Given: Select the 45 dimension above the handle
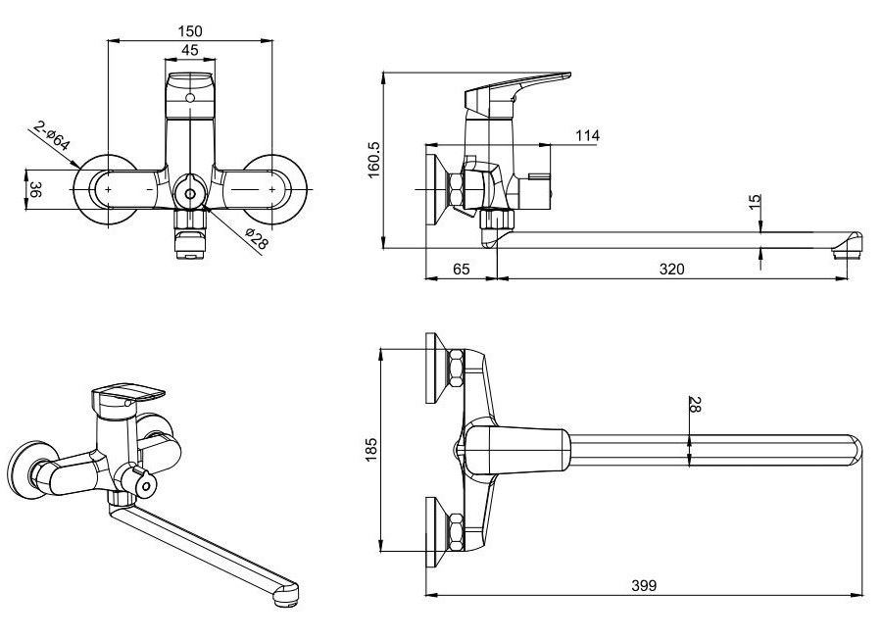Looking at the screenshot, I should [x=189, y=51].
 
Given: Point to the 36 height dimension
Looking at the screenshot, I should [x=35, y=189].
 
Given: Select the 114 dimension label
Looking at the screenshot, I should [x=587, y=135].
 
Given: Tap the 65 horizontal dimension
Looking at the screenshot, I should [x=462, y=267].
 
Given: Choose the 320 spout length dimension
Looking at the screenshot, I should [x=671, y=267].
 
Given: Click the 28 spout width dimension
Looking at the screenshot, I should [x=694, y=405].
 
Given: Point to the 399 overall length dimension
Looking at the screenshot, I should [x=644, y=585].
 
